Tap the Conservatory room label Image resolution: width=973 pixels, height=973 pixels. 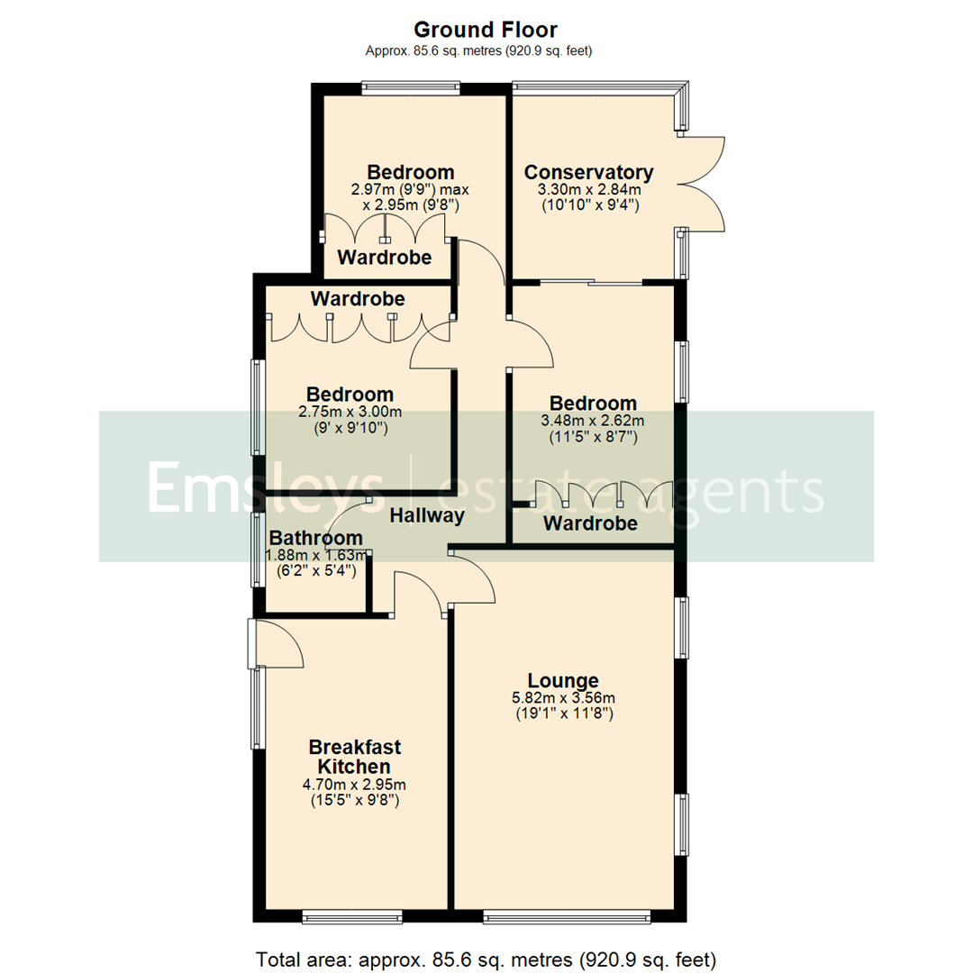(588, 172)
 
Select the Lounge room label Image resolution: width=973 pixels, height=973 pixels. (563, 680)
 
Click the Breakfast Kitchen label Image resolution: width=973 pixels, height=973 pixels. (354, 757)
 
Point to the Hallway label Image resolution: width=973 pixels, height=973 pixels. (427, 516)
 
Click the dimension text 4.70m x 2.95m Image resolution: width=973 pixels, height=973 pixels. (354, 784)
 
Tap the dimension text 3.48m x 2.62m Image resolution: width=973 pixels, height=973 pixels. (593, 421)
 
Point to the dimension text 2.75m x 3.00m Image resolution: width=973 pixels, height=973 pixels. (350, 412)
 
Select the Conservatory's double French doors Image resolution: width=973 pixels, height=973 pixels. (703, 185)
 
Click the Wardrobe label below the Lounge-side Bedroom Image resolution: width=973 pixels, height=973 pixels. (590, 523)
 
